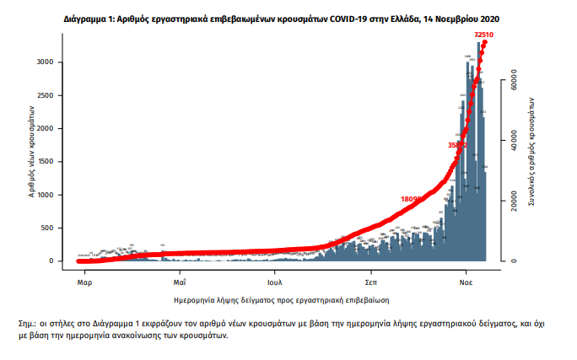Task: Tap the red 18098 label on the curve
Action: [x=413, y=199]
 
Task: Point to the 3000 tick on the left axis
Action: [x=45, y=62]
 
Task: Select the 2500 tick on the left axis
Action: [x=45, y=95]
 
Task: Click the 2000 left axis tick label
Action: [x=45, y=129]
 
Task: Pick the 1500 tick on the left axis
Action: [x=45, y=162]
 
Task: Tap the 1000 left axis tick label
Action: [x=45, y=195]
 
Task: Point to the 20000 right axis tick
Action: [x=511, y=201]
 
